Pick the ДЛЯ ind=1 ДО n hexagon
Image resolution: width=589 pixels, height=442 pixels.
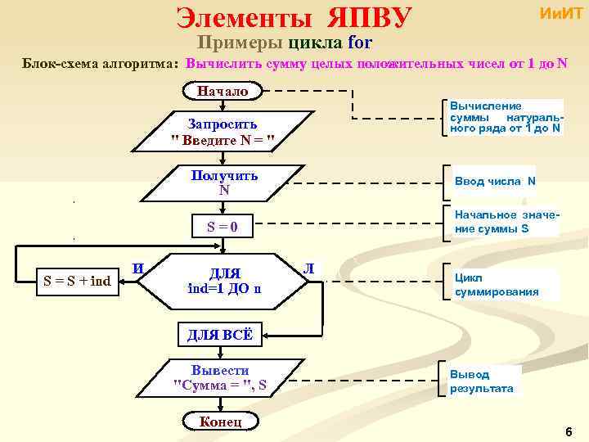click(x=224, y=280)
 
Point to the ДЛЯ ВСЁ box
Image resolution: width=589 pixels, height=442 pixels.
click(x=220, y=335)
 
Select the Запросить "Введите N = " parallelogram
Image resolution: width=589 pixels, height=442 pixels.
click(x=223, y=132)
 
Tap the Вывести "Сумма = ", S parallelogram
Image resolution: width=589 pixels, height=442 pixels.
click(x=221, y=377)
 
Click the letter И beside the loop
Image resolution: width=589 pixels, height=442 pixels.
click(x=140, y=268)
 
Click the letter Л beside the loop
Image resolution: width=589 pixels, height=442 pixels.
click(x=308, y=267)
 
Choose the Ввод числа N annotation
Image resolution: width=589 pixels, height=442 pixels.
click(x=495, y=181)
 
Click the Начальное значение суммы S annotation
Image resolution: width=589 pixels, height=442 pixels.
click(x=506, y=221)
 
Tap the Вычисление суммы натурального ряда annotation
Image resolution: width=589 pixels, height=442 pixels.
click(x=505, y=117)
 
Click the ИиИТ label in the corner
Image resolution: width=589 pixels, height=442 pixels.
click(x=560, y=15)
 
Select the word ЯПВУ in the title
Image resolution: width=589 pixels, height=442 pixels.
click(x=371, y=17)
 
